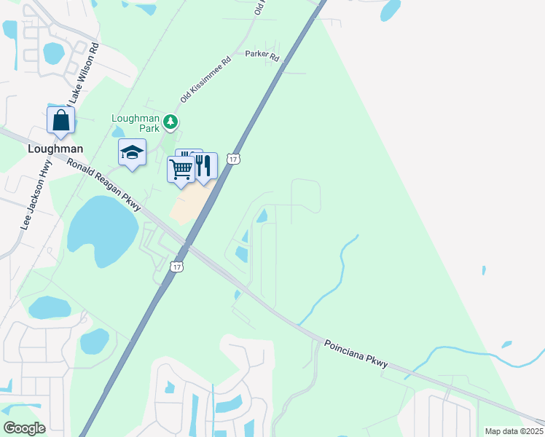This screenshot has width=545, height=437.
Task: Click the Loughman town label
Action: tap(55, 148)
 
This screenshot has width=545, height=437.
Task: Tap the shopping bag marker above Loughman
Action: tap(61, 120)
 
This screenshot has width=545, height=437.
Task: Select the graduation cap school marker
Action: tap(132, 152)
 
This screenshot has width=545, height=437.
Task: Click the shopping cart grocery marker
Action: tap(181, 170)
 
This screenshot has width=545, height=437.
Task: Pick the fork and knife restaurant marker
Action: tap(204, 165)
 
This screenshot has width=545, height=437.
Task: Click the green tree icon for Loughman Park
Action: tap(170, 122)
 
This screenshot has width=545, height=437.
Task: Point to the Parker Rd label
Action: tap(262, 55)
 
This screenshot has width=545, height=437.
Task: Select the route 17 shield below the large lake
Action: tap(177, 267)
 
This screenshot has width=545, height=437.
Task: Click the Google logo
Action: tap(24, 428)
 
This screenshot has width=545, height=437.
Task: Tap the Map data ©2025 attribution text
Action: tap(514, 431)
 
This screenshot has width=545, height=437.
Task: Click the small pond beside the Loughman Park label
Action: tap(118, 133)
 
